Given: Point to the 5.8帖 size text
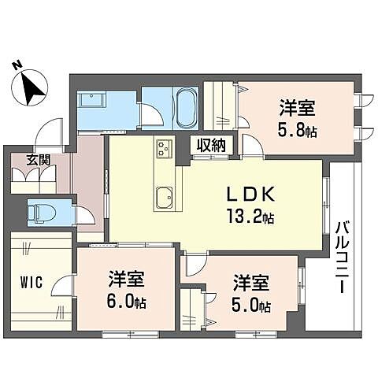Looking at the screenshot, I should (x=296, y=130).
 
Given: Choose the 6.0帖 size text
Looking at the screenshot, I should (x=125, y=300).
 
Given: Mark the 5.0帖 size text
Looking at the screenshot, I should (x=251, y=305).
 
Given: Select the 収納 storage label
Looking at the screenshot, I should (x=211, y=145).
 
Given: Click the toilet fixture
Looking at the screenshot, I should (x=39, y=211).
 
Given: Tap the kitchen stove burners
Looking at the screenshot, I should (x=164, y=148).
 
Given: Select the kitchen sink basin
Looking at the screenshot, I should (x=165, y=196).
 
